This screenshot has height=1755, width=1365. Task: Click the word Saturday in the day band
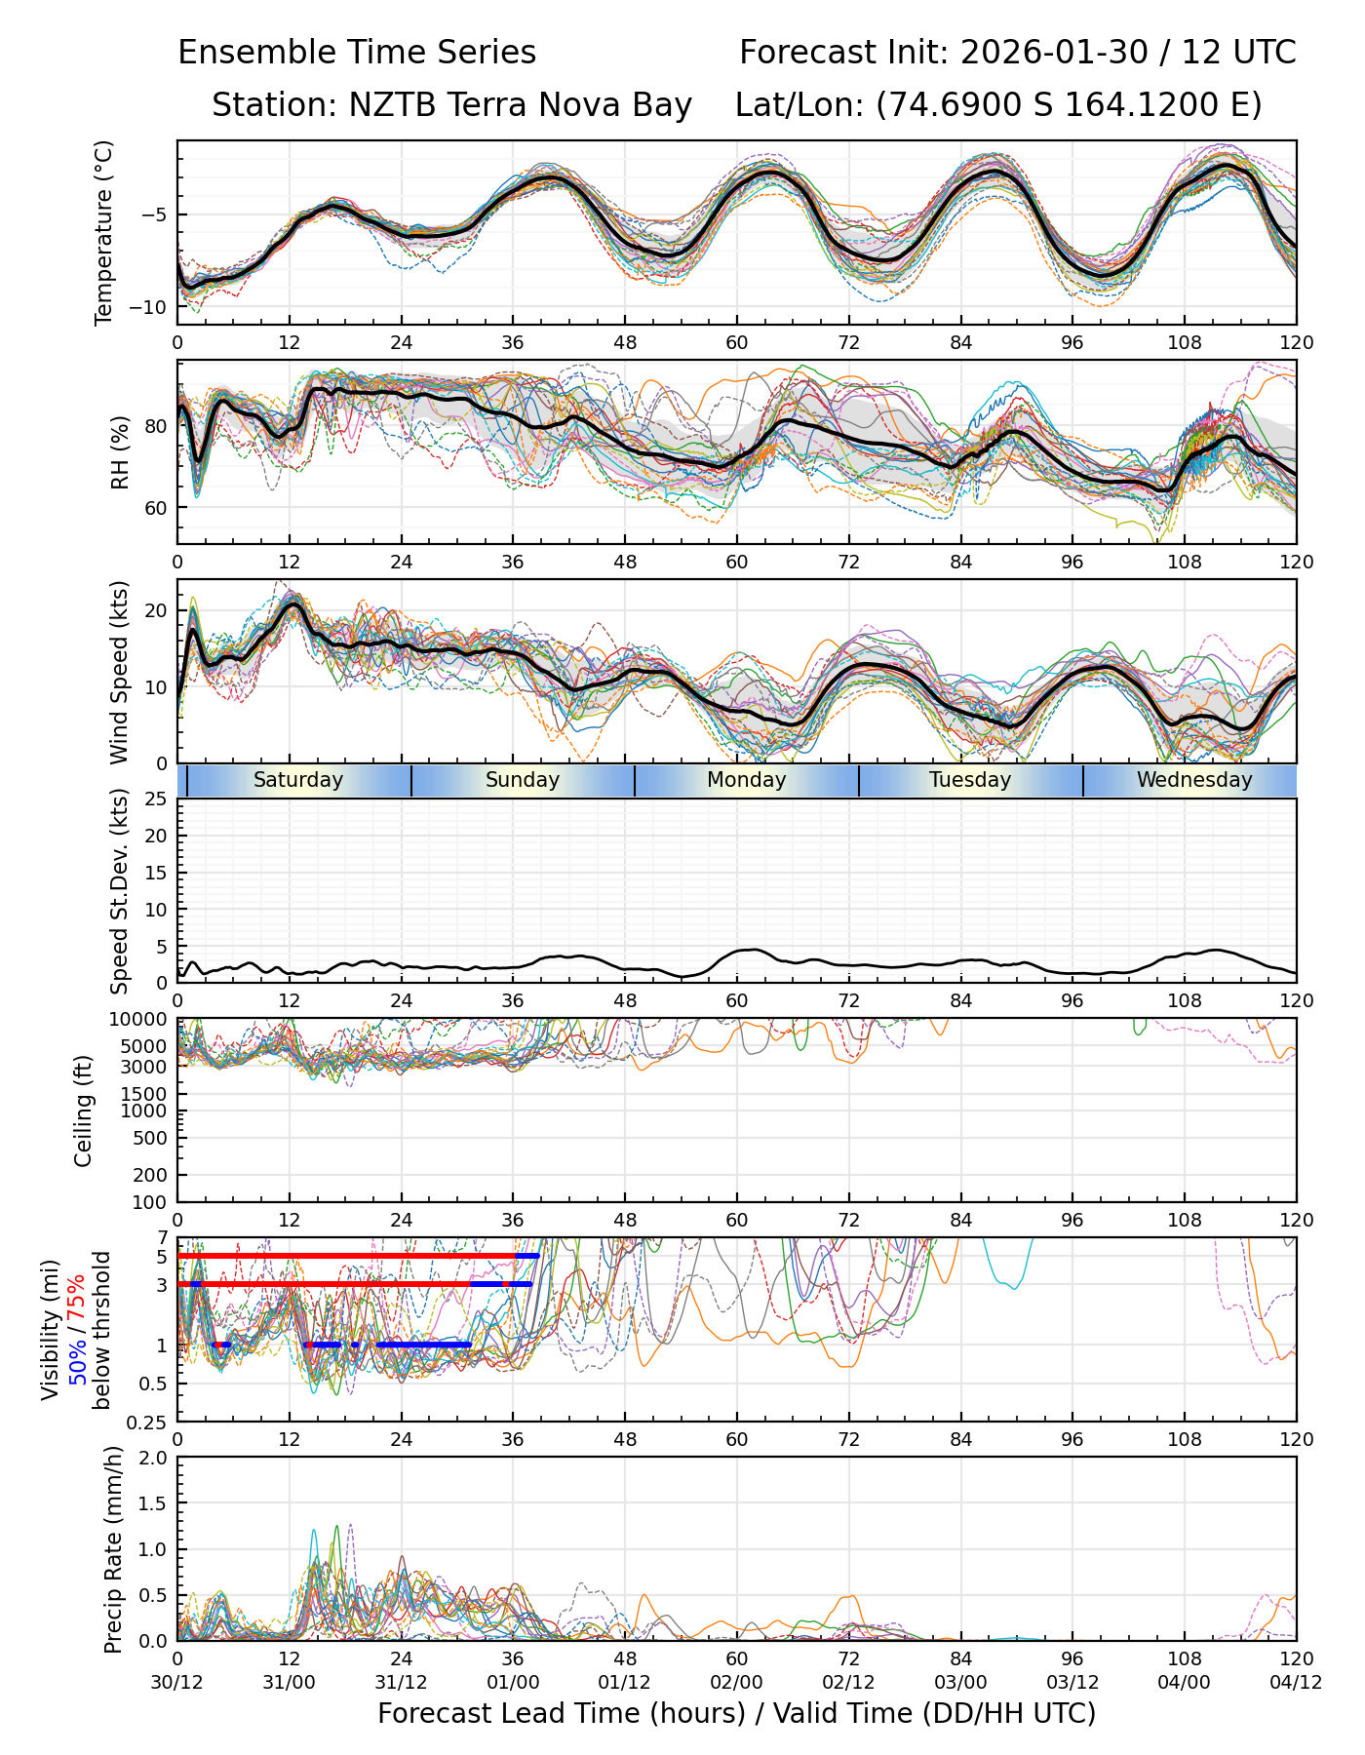298,780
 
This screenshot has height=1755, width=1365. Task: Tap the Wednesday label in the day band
1194,780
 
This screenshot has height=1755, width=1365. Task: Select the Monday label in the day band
747,780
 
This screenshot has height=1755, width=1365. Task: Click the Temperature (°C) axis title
104,232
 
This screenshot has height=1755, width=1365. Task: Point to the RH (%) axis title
120,451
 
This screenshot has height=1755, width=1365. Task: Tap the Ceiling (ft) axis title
84,1111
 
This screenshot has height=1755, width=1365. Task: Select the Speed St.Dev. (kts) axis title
119,890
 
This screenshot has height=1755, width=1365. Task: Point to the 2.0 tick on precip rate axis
153,1458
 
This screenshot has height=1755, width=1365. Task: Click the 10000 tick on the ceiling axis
141,1020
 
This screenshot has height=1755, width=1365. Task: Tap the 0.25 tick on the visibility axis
149,1422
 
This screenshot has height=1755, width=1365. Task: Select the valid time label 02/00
737,1682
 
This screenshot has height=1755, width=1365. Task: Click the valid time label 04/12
1296,1682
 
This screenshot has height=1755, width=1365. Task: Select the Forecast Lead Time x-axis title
737,1713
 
